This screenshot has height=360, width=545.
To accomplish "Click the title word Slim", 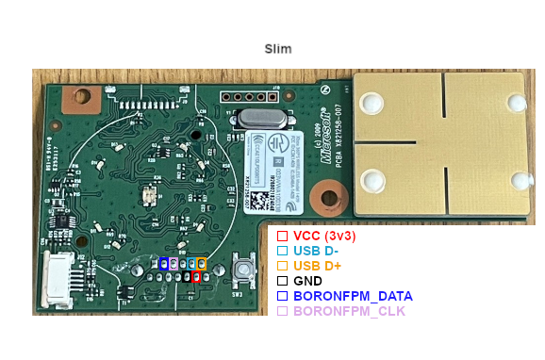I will click(x=278, y=49).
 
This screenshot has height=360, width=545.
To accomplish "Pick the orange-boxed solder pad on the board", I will click(x=202, y=264).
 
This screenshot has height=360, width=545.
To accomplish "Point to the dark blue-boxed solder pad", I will click(x=164, y=264).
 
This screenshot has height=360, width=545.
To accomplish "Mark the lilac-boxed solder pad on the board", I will click(x=174, y=264).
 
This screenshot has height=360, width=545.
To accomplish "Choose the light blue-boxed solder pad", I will click(x=191, y=264).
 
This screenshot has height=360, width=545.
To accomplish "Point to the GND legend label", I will click(x=307, y=281).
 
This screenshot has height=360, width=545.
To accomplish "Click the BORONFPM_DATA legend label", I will click(x=353, y=296).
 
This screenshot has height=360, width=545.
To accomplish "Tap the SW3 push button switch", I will click(x=243, y=270).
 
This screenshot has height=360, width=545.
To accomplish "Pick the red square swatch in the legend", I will click(x=282, y=235).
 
